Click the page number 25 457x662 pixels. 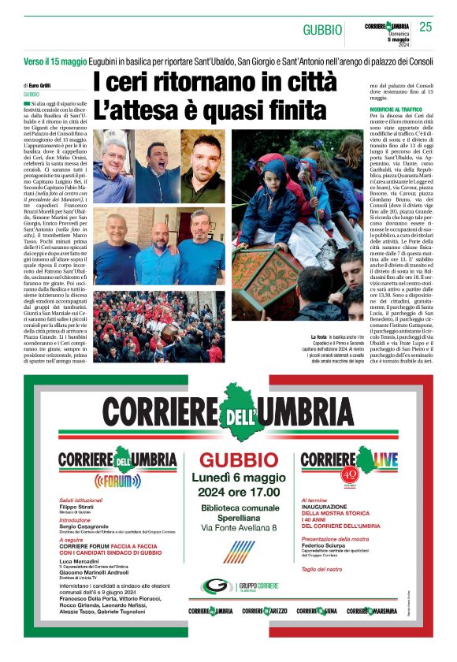[x=425, y=28]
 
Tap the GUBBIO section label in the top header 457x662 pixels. [x=322, y=30]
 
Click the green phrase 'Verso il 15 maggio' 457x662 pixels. [x=54, y=62]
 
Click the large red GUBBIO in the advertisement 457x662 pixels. [x=228, y=460]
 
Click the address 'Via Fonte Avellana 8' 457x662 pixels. [x=228, y=526]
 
